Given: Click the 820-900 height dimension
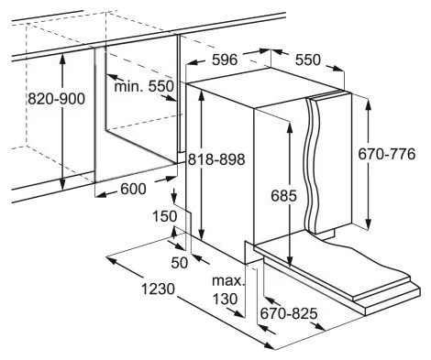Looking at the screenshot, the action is (x=57, y=99).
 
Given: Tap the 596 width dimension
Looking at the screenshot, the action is (x=225, y=60).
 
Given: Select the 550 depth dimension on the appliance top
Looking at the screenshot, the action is (x=308, y=60).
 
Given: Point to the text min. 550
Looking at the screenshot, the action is (x=144, y=86).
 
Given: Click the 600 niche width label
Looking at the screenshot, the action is (x=133, y=189).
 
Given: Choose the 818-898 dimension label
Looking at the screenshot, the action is (x=216, y=159).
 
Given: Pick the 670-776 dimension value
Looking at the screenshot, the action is (x=387, y=154).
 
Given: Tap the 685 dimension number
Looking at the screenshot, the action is (x=283, y=196).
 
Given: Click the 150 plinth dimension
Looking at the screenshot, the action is (x=165, y=216).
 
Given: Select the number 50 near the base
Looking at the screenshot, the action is (x=180, y=263).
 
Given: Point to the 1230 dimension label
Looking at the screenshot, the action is (x=158, y=289).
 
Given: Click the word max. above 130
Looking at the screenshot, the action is (x=228, y=281).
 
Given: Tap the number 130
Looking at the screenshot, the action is (x=225, y=299).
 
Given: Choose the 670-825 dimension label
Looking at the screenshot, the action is (x=289, y=313).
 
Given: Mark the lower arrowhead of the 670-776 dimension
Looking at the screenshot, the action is (x=369, y=223).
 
